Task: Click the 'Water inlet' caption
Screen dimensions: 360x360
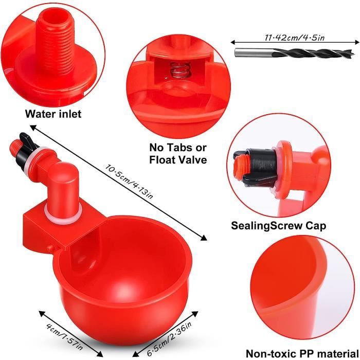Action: coord(53,114)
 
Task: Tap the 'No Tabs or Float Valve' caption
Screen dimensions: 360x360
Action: coord(178,154)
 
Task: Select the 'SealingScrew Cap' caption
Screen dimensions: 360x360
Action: coord(278,226)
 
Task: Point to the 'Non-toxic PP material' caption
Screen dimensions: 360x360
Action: coord(302,353)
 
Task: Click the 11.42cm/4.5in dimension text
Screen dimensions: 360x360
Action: coord(295,38)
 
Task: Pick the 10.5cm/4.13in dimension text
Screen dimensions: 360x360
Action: coord(129,181)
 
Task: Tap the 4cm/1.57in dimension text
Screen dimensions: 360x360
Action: coord(64,336)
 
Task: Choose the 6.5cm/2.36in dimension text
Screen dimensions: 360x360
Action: coord(169,338)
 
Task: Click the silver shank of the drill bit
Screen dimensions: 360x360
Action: coord(253,52)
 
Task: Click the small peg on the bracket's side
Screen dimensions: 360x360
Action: coord(50,248)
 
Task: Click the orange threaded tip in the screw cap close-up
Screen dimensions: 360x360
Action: coord(239,165)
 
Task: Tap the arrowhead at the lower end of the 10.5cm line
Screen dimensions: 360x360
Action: coord(204,238)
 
